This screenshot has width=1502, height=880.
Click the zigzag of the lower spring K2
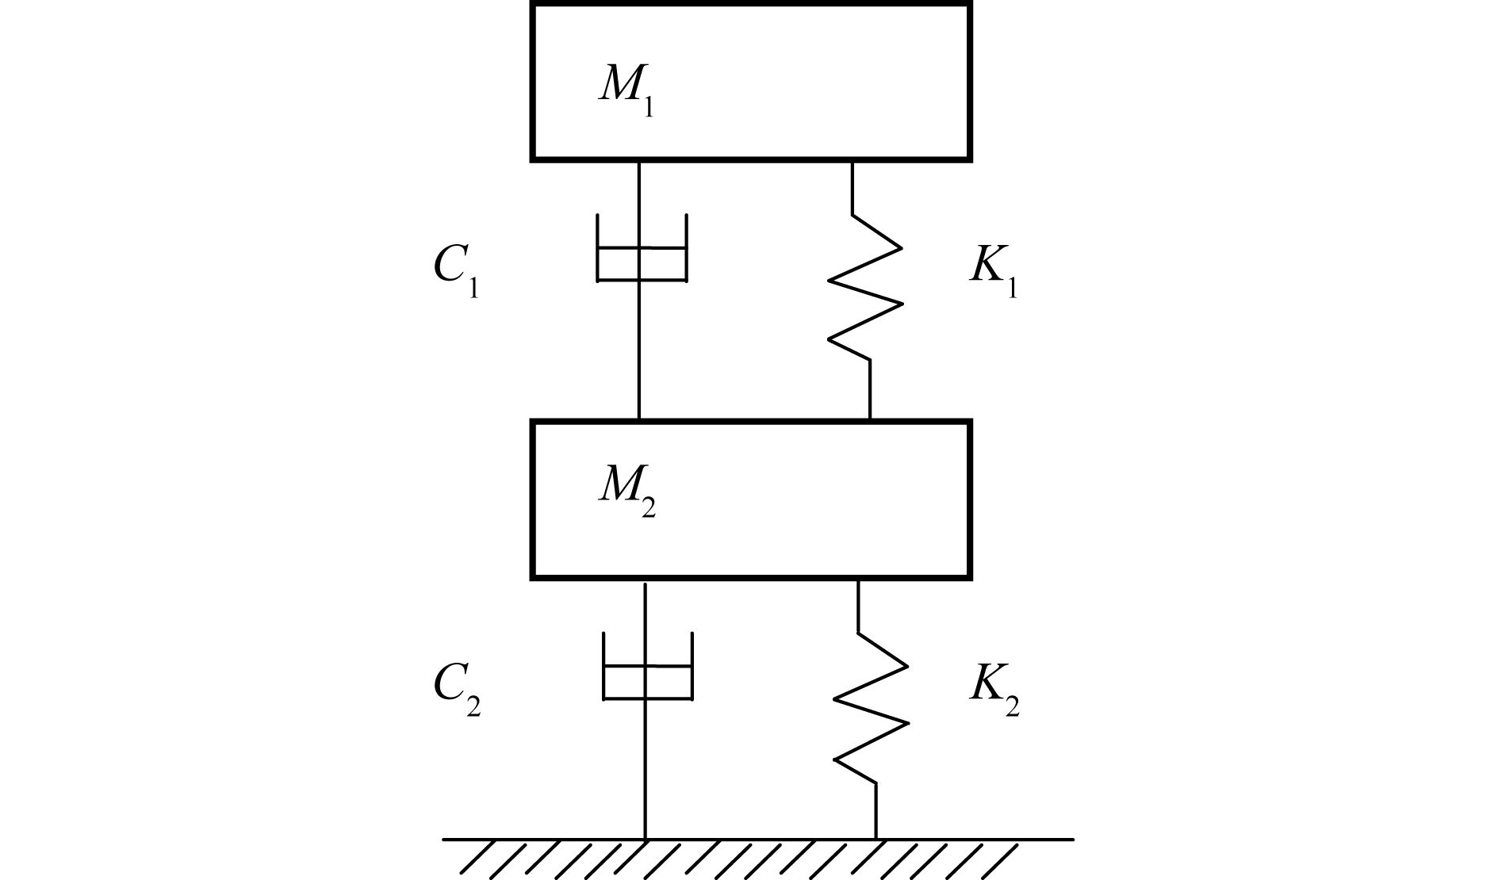(871, 707)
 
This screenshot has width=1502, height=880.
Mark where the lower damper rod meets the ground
(646, 838)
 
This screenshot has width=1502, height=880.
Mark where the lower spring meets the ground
(876, 838)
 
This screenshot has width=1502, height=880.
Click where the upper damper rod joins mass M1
(639, 162)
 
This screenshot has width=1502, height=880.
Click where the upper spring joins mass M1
(853, 162)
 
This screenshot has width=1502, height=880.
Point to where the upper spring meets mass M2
(870, 421)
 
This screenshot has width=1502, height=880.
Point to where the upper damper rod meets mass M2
(639, 421)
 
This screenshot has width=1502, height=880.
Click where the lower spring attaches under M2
(858, 580)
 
